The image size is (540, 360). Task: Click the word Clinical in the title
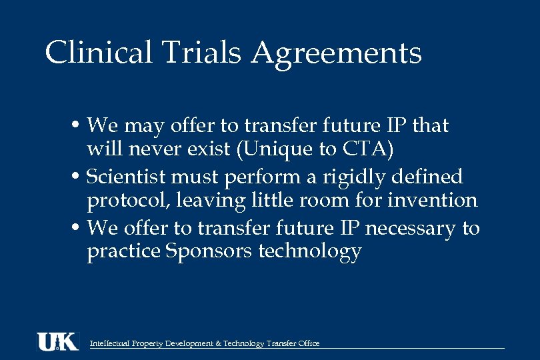click(99, 53)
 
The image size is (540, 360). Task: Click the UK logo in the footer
click(57, 341)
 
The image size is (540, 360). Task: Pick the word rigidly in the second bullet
click(351, 177)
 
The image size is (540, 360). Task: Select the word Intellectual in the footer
click(109, 343)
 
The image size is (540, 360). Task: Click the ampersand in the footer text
click(219, 343)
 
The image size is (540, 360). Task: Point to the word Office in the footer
click(309, 343)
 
